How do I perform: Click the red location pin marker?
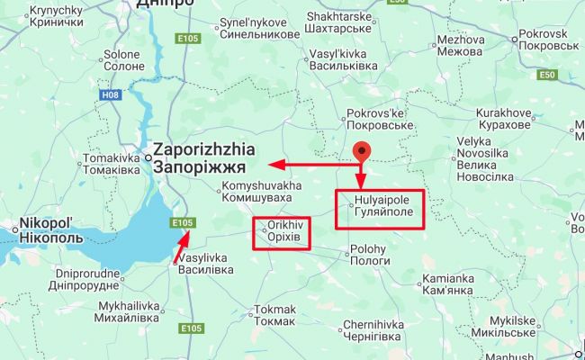pyautogui.click(x=362, y=151)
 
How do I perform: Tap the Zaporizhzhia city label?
pyautogui.click(x=204, y=157)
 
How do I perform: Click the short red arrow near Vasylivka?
pyautogui.click(x=182, y=247)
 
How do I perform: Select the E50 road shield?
pyautogui.click(x=546, y=75)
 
